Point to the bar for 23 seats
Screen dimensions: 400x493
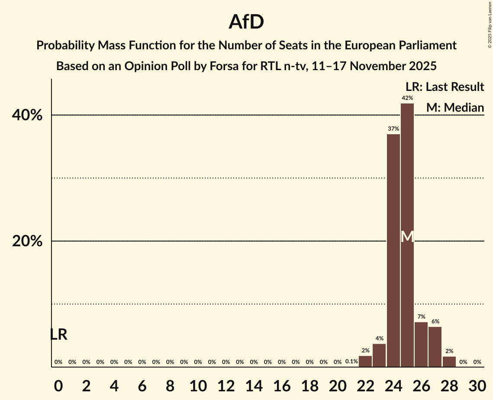[x=379, y=355]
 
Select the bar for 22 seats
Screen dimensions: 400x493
[x=365, y=361]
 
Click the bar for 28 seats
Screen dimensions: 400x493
[x=449, y=362]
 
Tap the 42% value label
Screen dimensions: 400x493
[x=407, y=98]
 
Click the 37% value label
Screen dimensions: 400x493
[x=393, y=129]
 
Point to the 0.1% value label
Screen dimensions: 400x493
[x=351, y=362]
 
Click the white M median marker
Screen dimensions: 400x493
[x=407, y=236]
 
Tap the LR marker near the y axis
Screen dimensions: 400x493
[x=58, y=335]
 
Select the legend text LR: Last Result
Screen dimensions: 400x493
[x=445, y=87]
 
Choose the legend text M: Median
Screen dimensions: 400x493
[x=455, y=107]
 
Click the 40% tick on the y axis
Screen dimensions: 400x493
[x=27, y=116]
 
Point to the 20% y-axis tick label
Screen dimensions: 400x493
[x=27, y=242]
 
